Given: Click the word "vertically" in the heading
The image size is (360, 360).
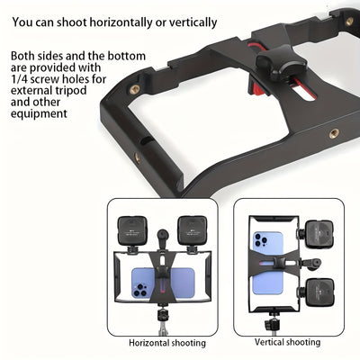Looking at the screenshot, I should coord(191,21).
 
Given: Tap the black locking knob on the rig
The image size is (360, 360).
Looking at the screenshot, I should coord(275,62).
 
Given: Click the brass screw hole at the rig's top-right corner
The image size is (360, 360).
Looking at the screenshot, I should coord(349,21).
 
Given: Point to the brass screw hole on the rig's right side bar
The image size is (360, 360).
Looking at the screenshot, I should coord(334,131).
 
